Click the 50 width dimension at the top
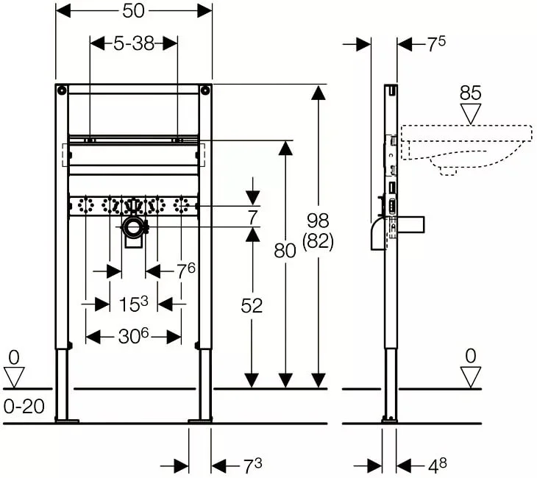134,11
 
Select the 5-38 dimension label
134,43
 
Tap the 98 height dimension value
318,220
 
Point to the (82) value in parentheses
318,241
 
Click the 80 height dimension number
285,251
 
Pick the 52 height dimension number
252,305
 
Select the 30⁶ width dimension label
134,336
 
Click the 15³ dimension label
134,304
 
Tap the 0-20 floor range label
24,407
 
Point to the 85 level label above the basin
471,93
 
